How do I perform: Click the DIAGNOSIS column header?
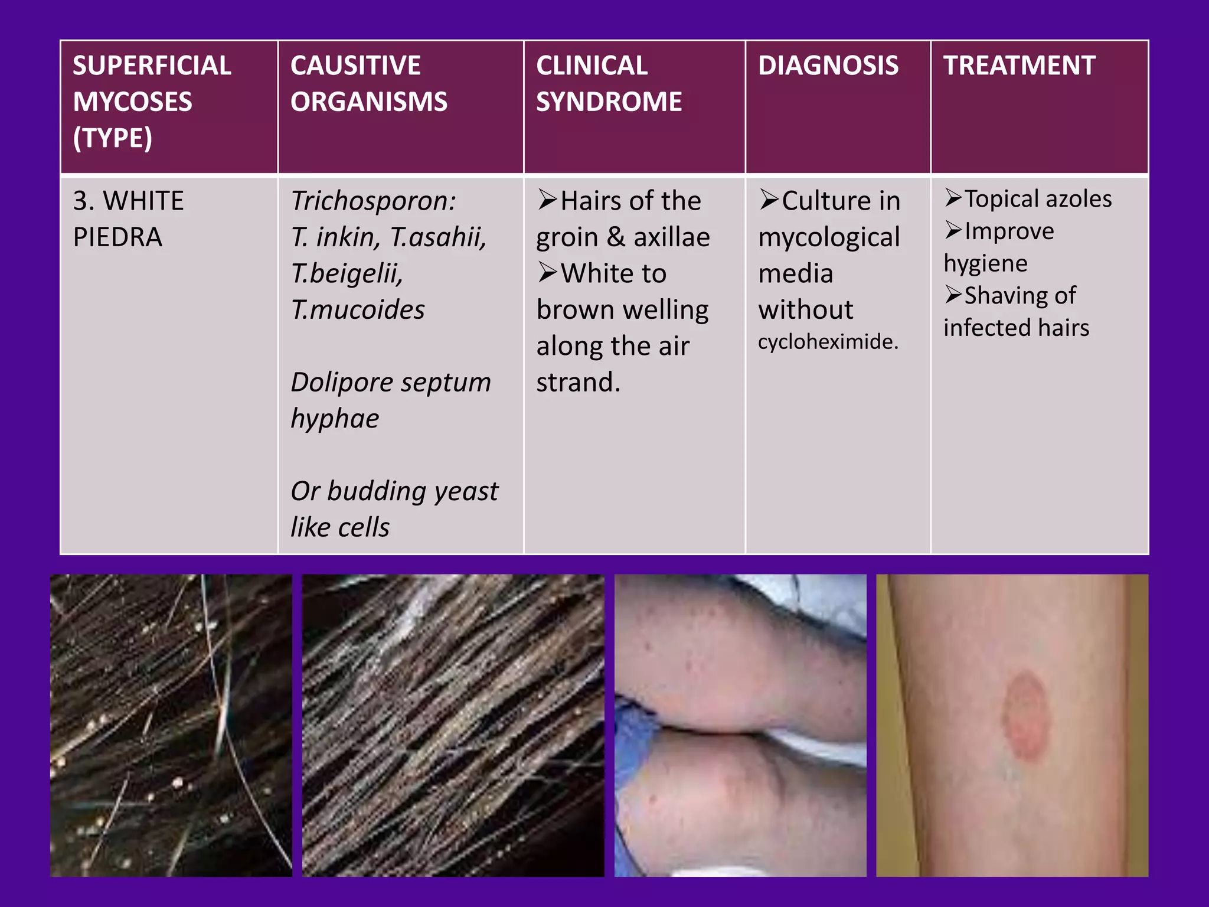[x=828, y=66]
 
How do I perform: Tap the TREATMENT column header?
[x=1019, y=66]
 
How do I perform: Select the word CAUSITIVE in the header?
[x=355, y=66]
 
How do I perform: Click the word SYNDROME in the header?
[x=609, y=102]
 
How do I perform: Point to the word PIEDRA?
[x=117, y=237]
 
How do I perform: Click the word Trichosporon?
[x=372, y=201]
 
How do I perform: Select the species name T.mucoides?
[x=358, y=310]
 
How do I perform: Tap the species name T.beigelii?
[x=347, y=273]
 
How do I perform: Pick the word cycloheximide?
[x=828, y=342]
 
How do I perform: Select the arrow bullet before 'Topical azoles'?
[x=953, y=198]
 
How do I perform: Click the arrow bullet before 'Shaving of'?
[x=953, y=294]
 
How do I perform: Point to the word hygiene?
[x=985, y=263]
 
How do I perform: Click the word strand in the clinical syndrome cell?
[x=577, y=383]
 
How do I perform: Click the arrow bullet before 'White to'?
[x=548, y=273]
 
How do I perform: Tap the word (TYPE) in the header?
[x=113, y=138]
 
